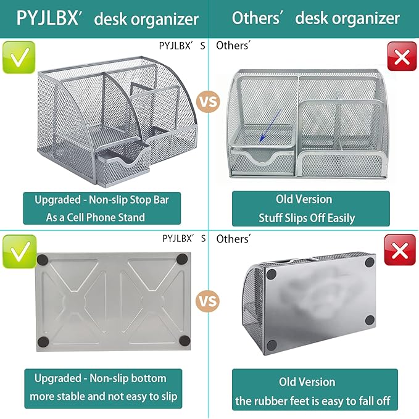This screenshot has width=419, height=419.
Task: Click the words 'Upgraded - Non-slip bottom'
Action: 101,378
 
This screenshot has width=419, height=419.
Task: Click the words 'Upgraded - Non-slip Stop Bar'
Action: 102,199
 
